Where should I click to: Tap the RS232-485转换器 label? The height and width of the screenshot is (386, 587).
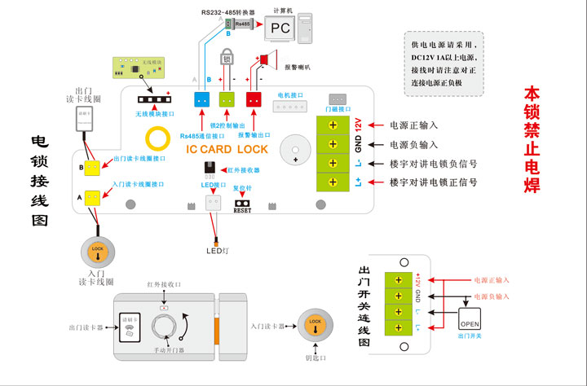coord(228,12)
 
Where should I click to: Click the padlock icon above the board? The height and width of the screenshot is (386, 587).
coord(227,59)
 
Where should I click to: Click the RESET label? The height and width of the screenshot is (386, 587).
coord(241,210)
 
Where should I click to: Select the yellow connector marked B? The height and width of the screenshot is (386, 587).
coord(94,167)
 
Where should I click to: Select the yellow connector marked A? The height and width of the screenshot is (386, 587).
coord(94,196)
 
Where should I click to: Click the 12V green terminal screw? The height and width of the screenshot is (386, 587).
coord(333,126)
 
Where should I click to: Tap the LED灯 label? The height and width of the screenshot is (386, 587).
coord(215,250)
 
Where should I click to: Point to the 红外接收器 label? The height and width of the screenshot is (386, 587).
coord(243,170)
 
